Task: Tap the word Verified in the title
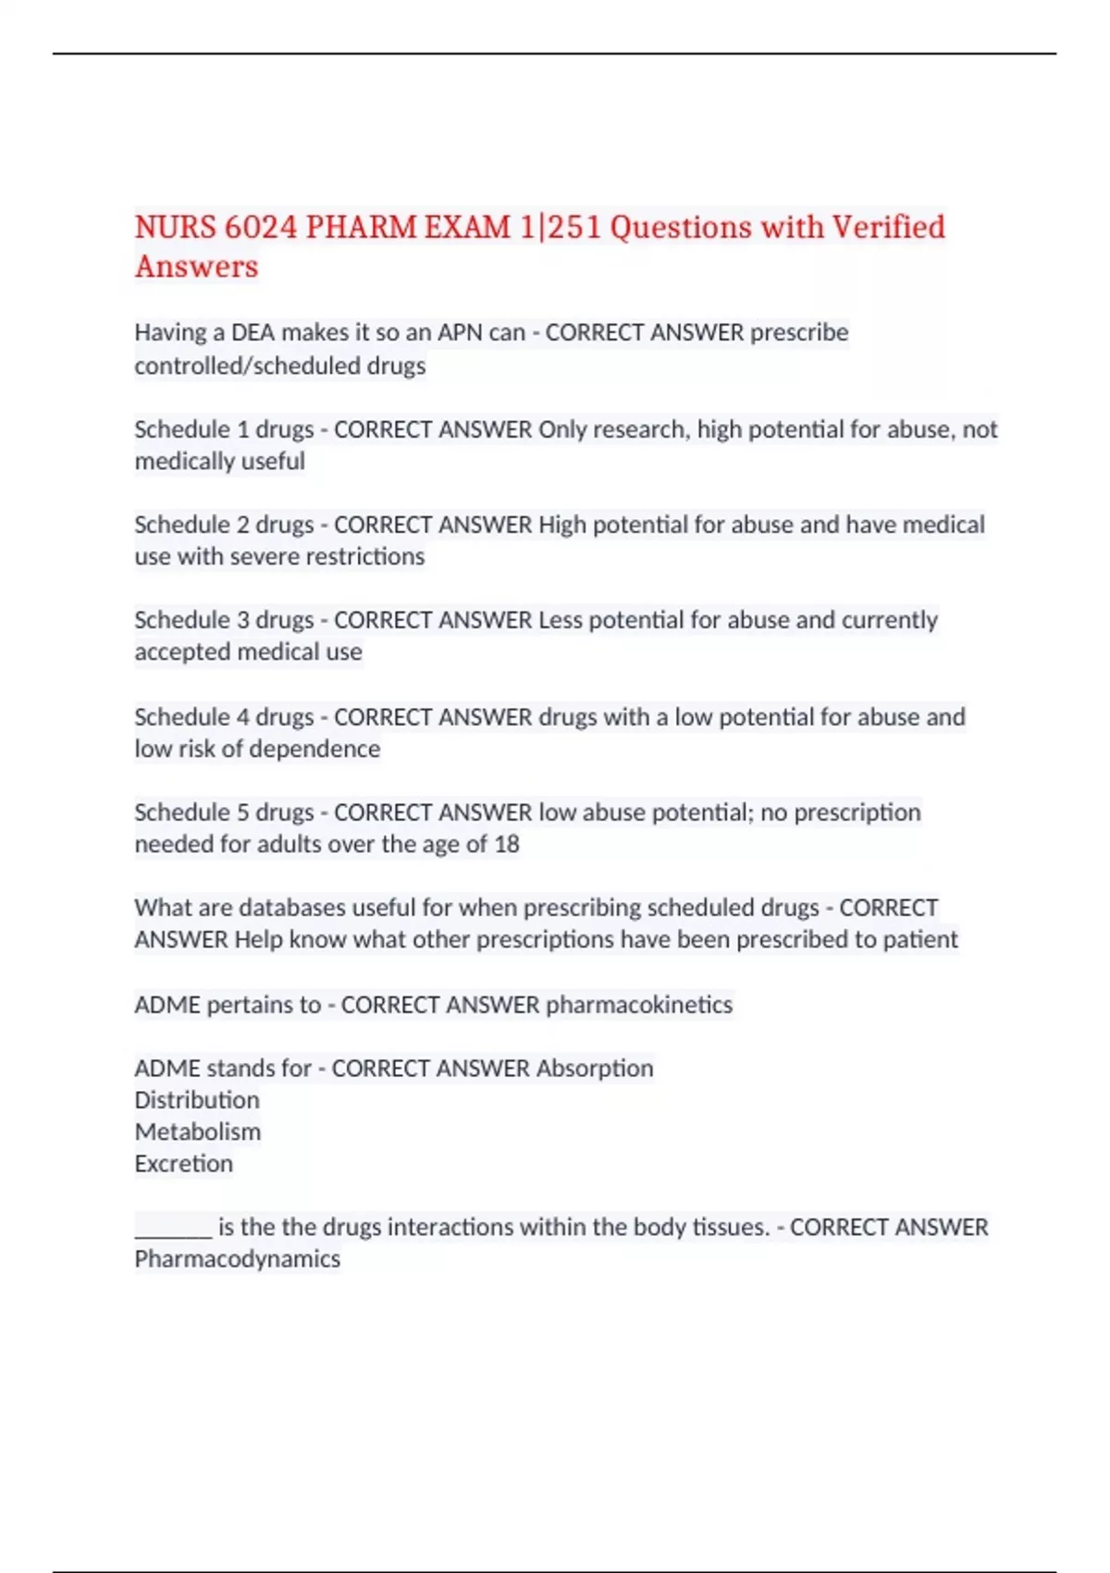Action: point(888,228)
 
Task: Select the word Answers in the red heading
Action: point(196,267)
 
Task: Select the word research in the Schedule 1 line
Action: point(640,429)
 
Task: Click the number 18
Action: point(506,844)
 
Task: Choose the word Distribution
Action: point(197,1100)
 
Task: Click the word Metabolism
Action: point(198,1132)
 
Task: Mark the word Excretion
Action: point(184,1164)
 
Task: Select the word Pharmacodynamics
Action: point(238,1259)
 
